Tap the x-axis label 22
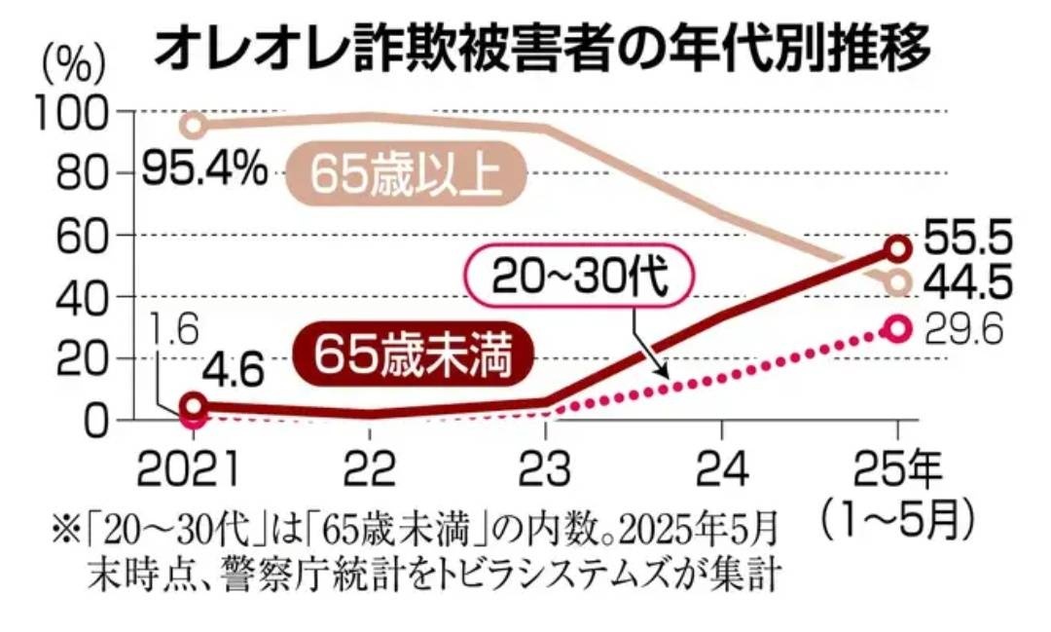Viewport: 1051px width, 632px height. coord(371,472)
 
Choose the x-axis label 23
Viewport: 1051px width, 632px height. coord(546,472)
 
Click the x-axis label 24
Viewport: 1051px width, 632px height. coord(722,472)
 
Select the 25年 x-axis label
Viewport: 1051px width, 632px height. coord(897,472)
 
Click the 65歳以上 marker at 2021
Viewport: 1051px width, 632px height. coord(195,125)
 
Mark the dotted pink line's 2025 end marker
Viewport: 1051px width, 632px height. coord(897,329)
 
